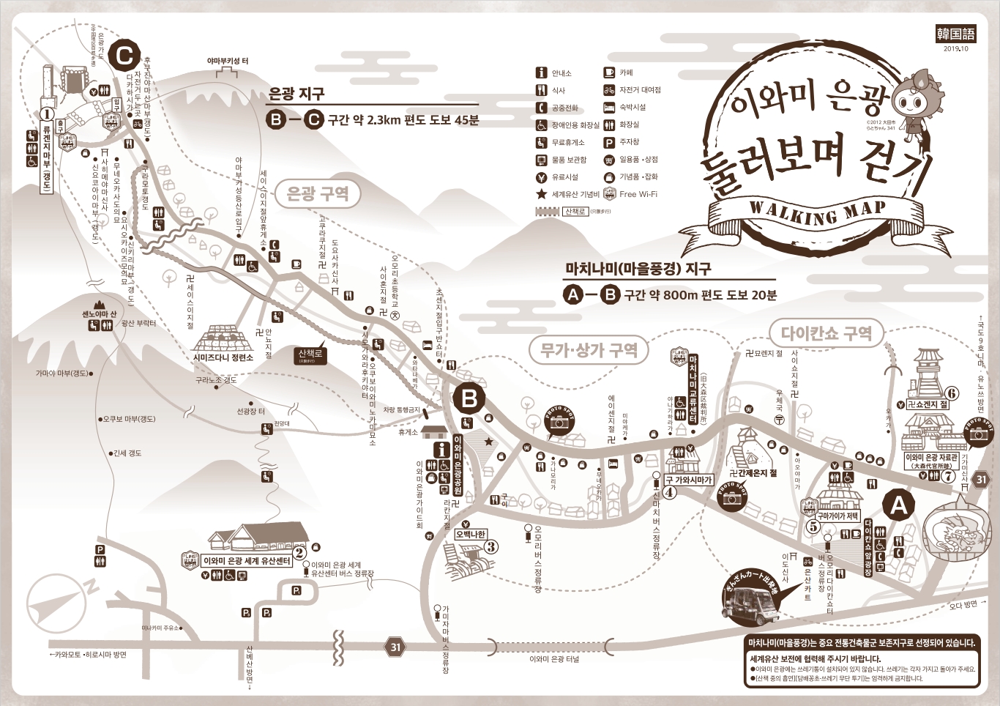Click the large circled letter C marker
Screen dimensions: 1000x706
(124, 55)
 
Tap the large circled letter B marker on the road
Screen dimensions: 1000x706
(469, 399)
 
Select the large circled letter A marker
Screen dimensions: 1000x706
(898, 505)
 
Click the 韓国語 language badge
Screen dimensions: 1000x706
(955, 34)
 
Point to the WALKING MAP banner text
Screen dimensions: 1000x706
(818, 212)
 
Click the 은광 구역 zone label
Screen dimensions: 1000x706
(317, 193)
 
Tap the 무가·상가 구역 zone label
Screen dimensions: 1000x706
(589, 350)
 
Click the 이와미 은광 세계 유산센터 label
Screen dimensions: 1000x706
(247, 561)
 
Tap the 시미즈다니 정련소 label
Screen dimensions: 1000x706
(223, 357)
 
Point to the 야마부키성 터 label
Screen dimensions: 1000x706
(227, 62)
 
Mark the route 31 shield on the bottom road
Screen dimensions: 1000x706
(395, 647)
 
